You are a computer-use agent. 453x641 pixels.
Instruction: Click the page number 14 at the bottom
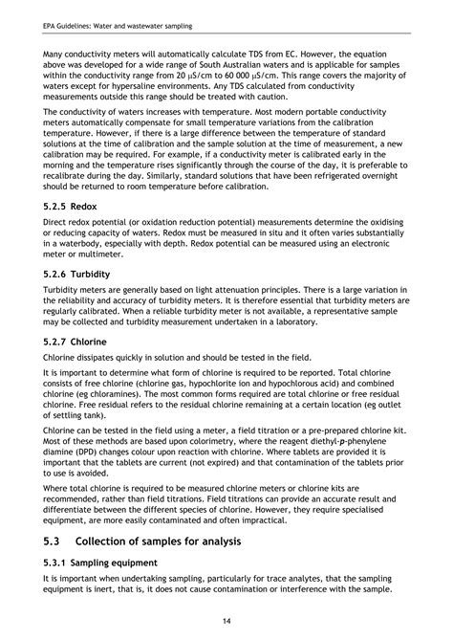tap(226, 619)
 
